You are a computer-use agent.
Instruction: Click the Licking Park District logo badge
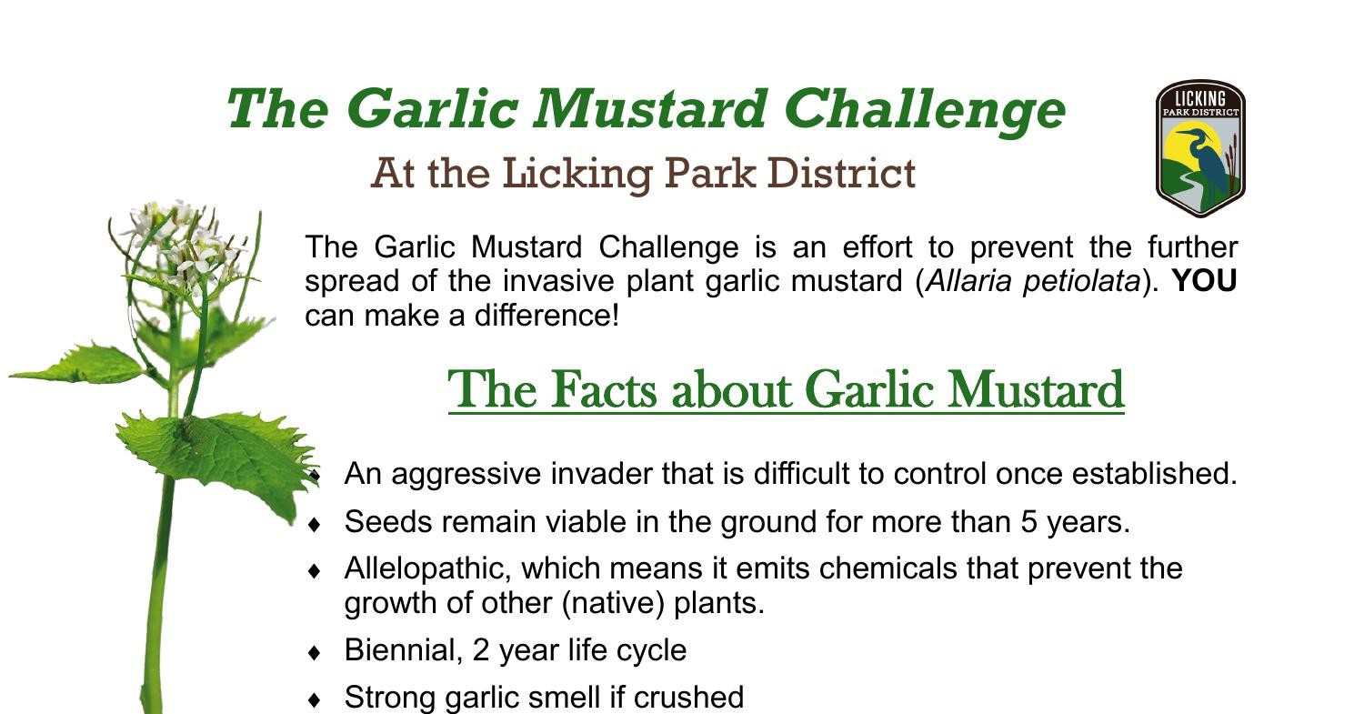[1199, 148]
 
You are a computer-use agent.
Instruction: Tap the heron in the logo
[1209, 164]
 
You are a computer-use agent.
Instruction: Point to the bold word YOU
[1205, 282]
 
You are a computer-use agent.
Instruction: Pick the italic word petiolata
[1081, 282]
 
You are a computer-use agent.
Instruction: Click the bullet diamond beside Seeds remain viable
[315, 524]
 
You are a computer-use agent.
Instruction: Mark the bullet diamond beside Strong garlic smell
[315, 699]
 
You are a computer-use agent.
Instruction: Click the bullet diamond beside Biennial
[315, 652]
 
